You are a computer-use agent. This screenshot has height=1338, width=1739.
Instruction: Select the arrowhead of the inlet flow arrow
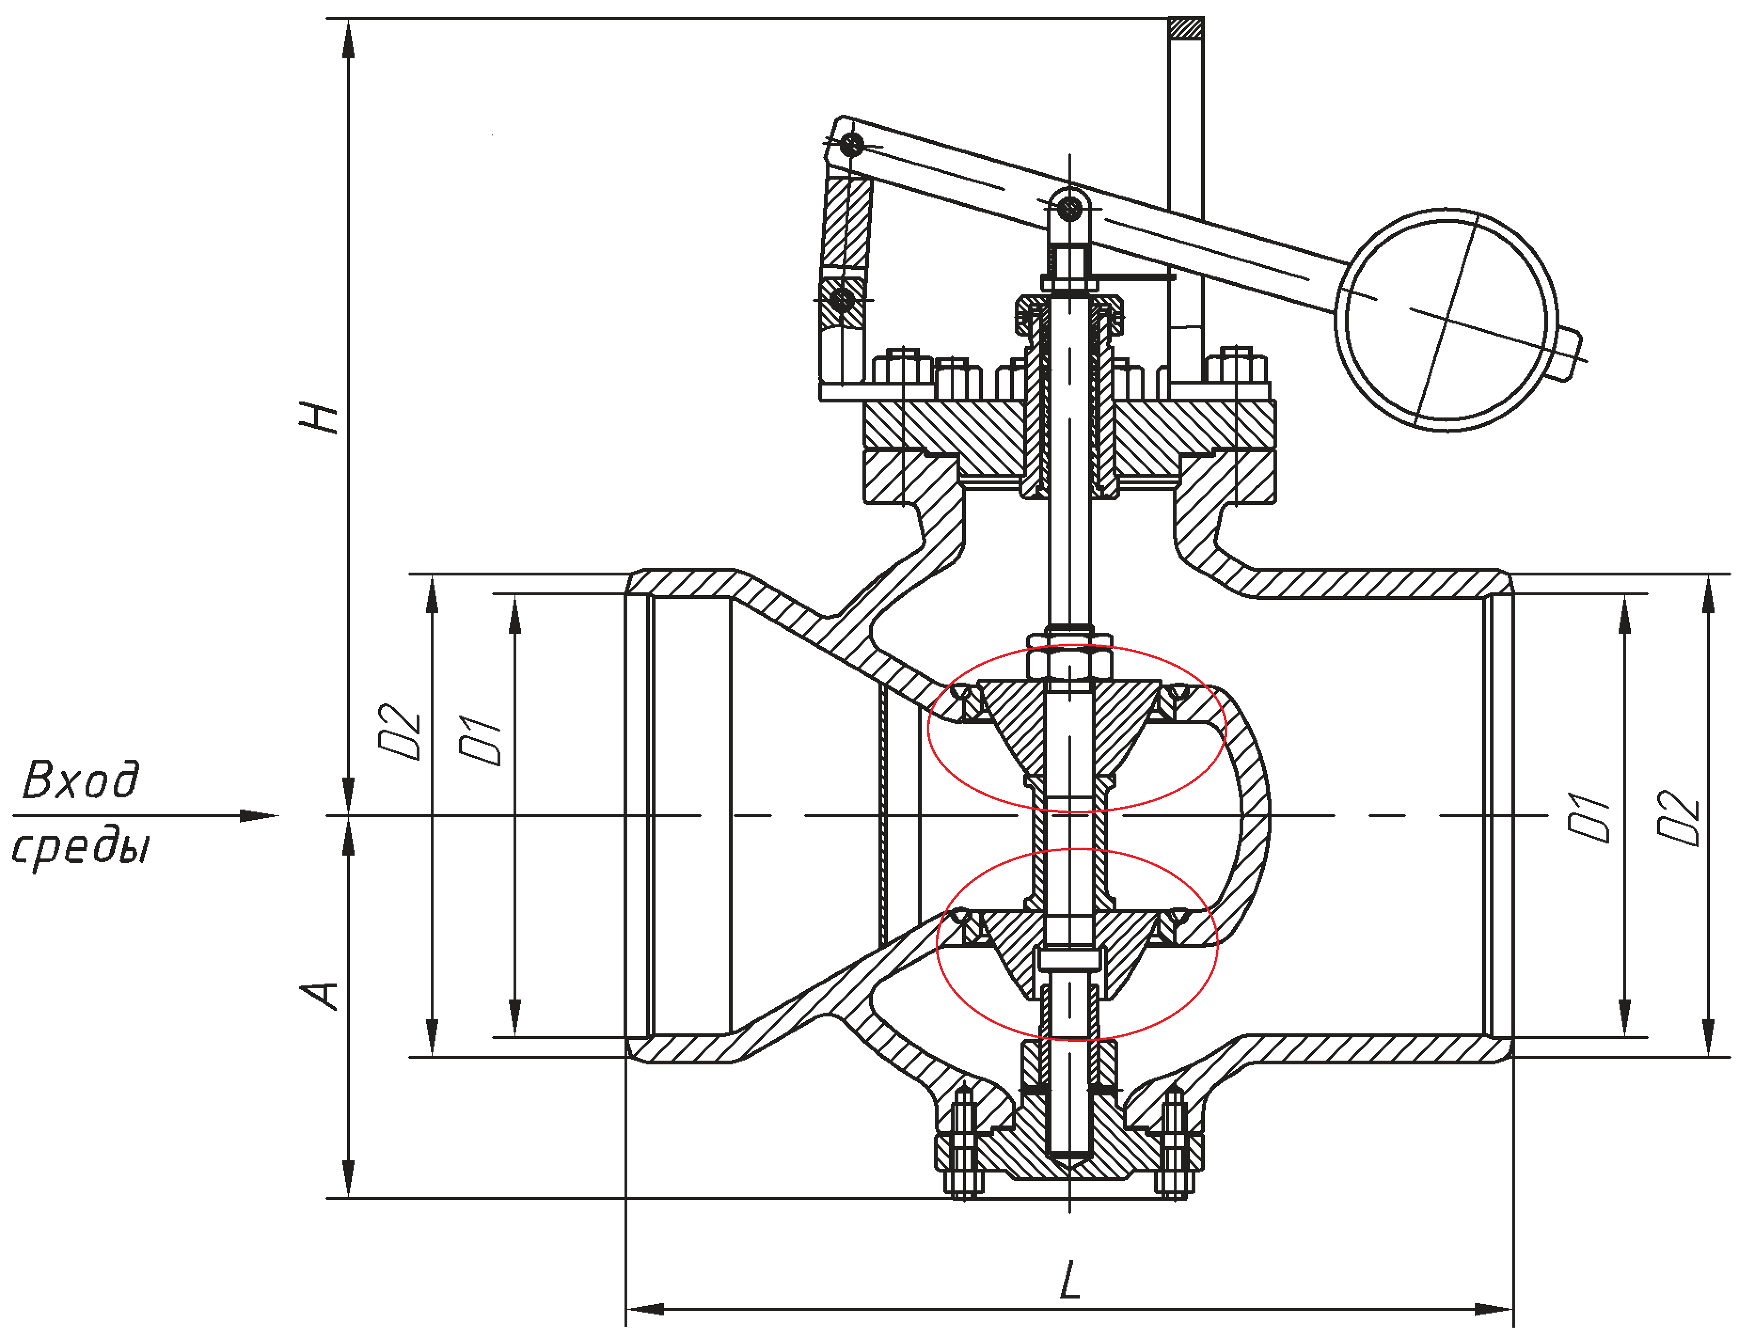(259, 816)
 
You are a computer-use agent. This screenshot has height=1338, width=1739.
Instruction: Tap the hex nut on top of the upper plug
(1069, 662)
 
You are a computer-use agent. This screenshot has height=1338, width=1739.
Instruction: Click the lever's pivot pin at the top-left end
(853, 145)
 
